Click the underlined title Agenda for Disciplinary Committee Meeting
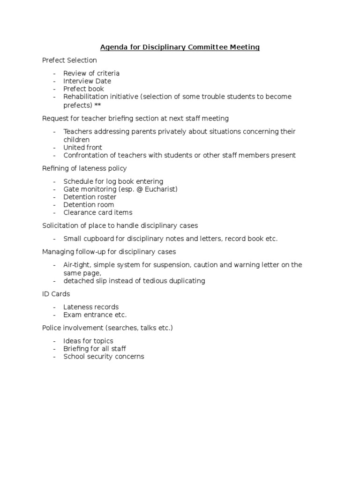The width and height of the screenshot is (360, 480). pos(180,47)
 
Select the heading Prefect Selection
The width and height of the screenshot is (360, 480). pos(69,60)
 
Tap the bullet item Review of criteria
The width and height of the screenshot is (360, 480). pos(91,74)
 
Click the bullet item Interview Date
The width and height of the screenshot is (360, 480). pos(87,81)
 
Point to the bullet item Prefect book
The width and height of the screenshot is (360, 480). pos(83,89)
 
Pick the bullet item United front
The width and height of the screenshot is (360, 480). pos(83,148)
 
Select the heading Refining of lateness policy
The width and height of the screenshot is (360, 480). pos(84,168)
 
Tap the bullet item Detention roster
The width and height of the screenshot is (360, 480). pos(90,197)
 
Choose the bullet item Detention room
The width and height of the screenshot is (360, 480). pos(89,205)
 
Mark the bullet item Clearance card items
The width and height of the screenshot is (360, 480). pos(98,213)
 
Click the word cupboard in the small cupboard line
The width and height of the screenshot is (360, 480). pos(97,239)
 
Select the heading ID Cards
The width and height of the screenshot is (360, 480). pos(56,294)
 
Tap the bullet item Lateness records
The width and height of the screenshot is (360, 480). pos(91,307)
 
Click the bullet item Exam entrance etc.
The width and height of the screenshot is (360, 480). pos(95,315)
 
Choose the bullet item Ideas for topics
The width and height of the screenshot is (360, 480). pos(88,341)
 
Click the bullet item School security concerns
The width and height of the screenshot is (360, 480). pos(104,357)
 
